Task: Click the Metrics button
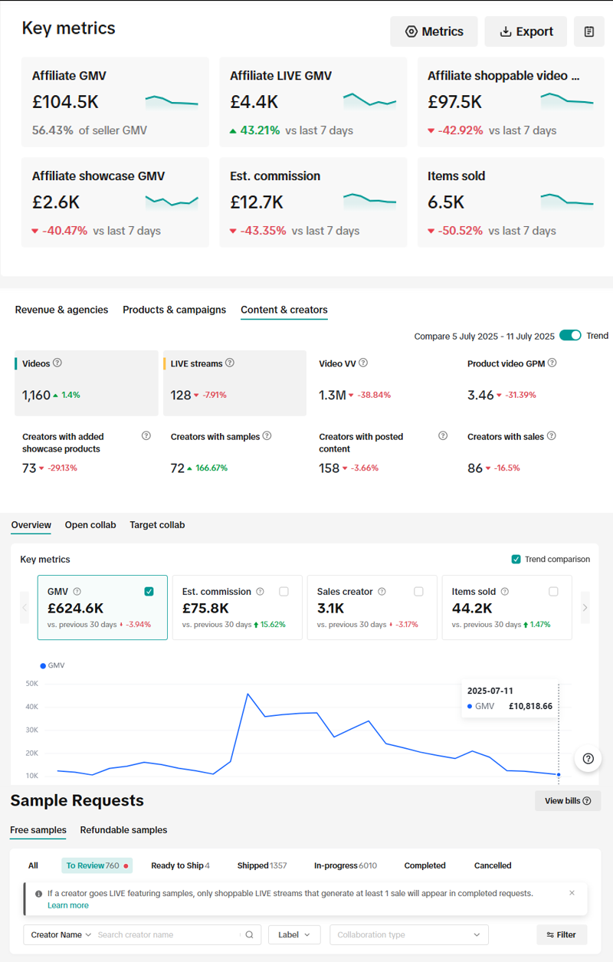pos(434,31)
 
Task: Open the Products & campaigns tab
pos(174,310)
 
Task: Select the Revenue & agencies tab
pos(61,310)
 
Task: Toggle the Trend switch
pos(570,336)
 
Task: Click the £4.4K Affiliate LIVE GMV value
pos(254,101)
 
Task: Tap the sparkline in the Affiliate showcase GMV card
pos(172,202)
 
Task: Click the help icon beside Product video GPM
pos(552,363)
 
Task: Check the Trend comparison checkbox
pos(516,560)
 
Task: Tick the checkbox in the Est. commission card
pos(284,592)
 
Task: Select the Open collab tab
pos(90,525)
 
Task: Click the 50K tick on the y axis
pos(31,684)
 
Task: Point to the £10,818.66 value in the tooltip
pos(530,707)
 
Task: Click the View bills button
pos(567,801)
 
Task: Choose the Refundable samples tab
pos(123,830)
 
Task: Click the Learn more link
pos(67,905)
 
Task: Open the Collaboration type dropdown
pos(408,934)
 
